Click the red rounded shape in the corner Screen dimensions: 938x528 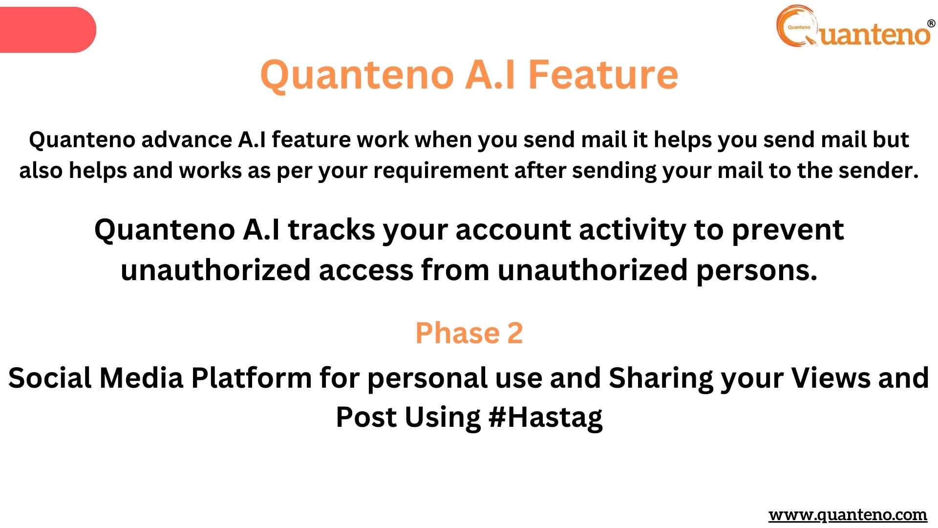(48, 30)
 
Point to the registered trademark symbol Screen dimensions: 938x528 (931, 23)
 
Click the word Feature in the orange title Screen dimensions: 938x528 (603, 74)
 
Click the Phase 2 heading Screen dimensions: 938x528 (469, 333)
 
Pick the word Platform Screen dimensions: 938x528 (251, 378)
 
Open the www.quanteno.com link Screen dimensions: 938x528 (848, 515)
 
